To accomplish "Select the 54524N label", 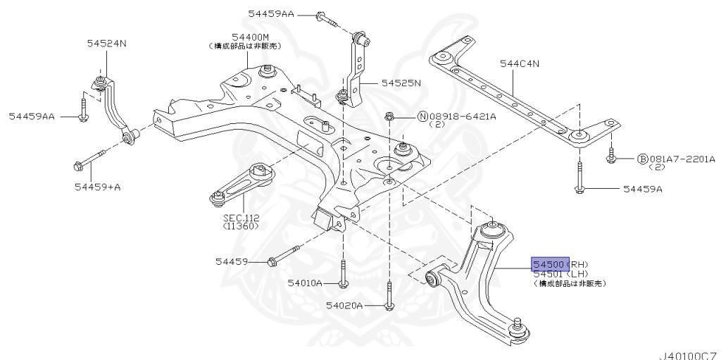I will pyautogui.click(x=107, y=43).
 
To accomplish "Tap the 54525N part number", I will pyautogui.click(x=401, y=82).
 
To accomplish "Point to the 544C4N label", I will pyautogui.click(x=520, y=63).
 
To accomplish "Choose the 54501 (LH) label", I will pyautogui.click(x=560, y=273).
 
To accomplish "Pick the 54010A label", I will pyautogui.click(x=304, y=283).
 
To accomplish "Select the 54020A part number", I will pyautogui.click(x=344, y=306).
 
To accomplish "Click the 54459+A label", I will pyautogui.click(x=98, y=187).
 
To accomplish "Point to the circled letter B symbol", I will pyautogui.click(x=642, y=159).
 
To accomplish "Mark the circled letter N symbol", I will pyautogui.click(x=422, y=116).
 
